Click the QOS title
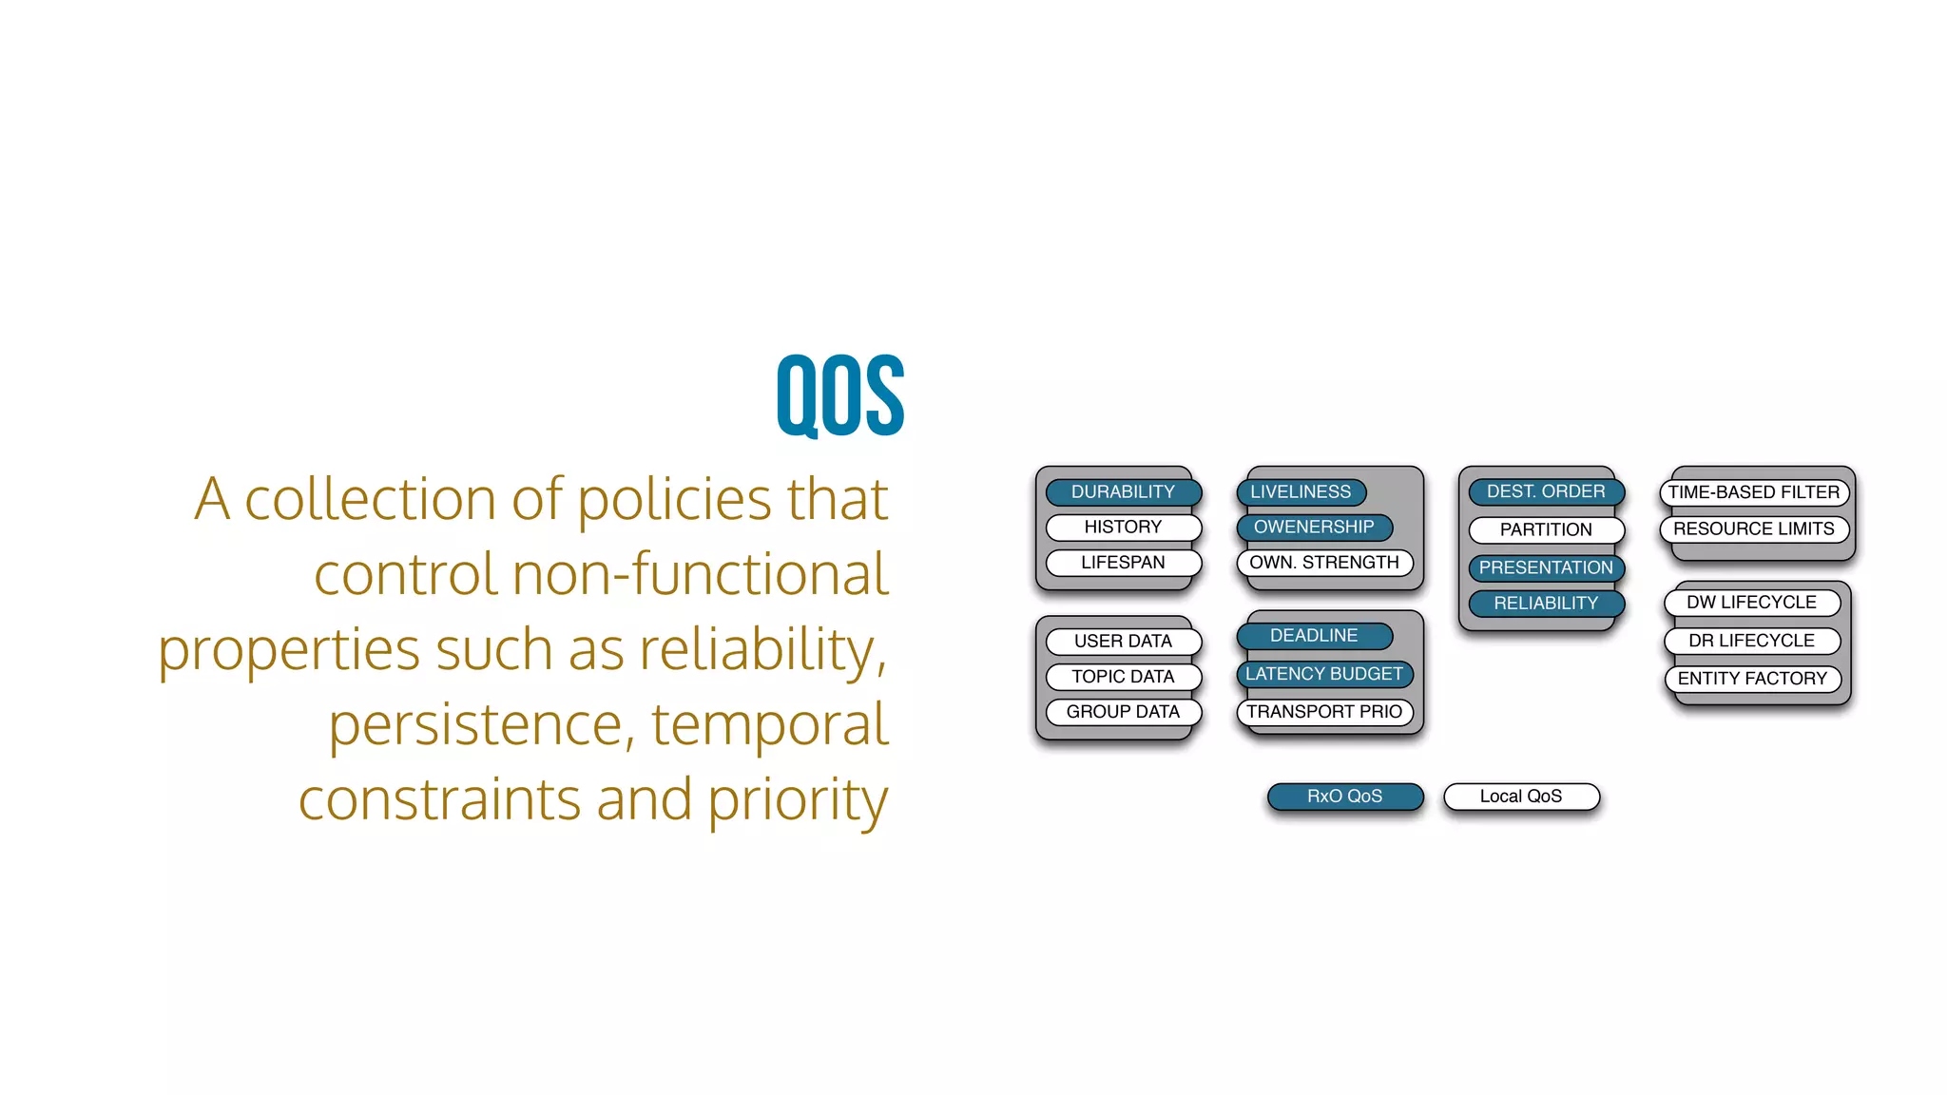840,395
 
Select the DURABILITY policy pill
1123,492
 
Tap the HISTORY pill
1123,528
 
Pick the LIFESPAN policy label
1123,563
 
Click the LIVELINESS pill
1301,492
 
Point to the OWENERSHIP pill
1314,528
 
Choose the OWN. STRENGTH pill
1324,563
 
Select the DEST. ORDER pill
1546,492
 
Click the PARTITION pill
1546,530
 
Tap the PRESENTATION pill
1546,568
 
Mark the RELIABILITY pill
1546,604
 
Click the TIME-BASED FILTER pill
1754,492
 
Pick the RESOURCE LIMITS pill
1754,529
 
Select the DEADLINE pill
1314,636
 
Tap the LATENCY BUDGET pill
1324,674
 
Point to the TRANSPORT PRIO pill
1324,712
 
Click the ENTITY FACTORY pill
1752,679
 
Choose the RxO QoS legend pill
1344,797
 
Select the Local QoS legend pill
1521,797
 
